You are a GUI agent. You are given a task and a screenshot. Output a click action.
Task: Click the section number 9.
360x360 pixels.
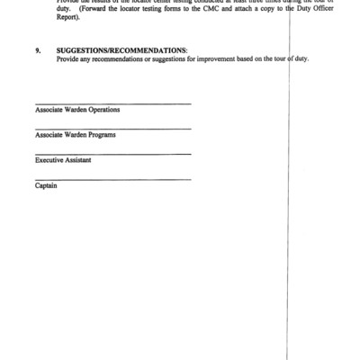38,50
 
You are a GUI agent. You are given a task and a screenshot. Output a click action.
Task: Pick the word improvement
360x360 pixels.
193,58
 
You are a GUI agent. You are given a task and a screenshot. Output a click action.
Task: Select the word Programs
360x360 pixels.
101,135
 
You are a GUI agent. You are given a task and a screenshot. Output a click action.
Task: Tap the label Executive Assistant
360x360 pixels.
63,160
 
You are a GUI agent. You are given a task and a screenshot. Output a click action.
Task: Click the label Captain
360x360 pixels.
47,185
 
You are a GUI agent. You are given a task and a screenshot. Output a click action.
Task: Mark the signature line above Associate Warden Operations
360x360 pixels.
112,103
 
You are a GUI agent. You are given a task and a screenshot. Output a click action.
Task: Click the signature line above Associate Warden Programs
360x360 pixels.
112,129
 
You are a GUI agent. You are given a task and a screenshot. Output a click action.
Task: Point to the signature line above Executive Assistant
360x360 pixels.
112,154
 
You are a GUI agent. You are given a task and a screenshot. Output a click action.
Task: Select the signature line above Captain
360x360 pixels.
112,179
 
